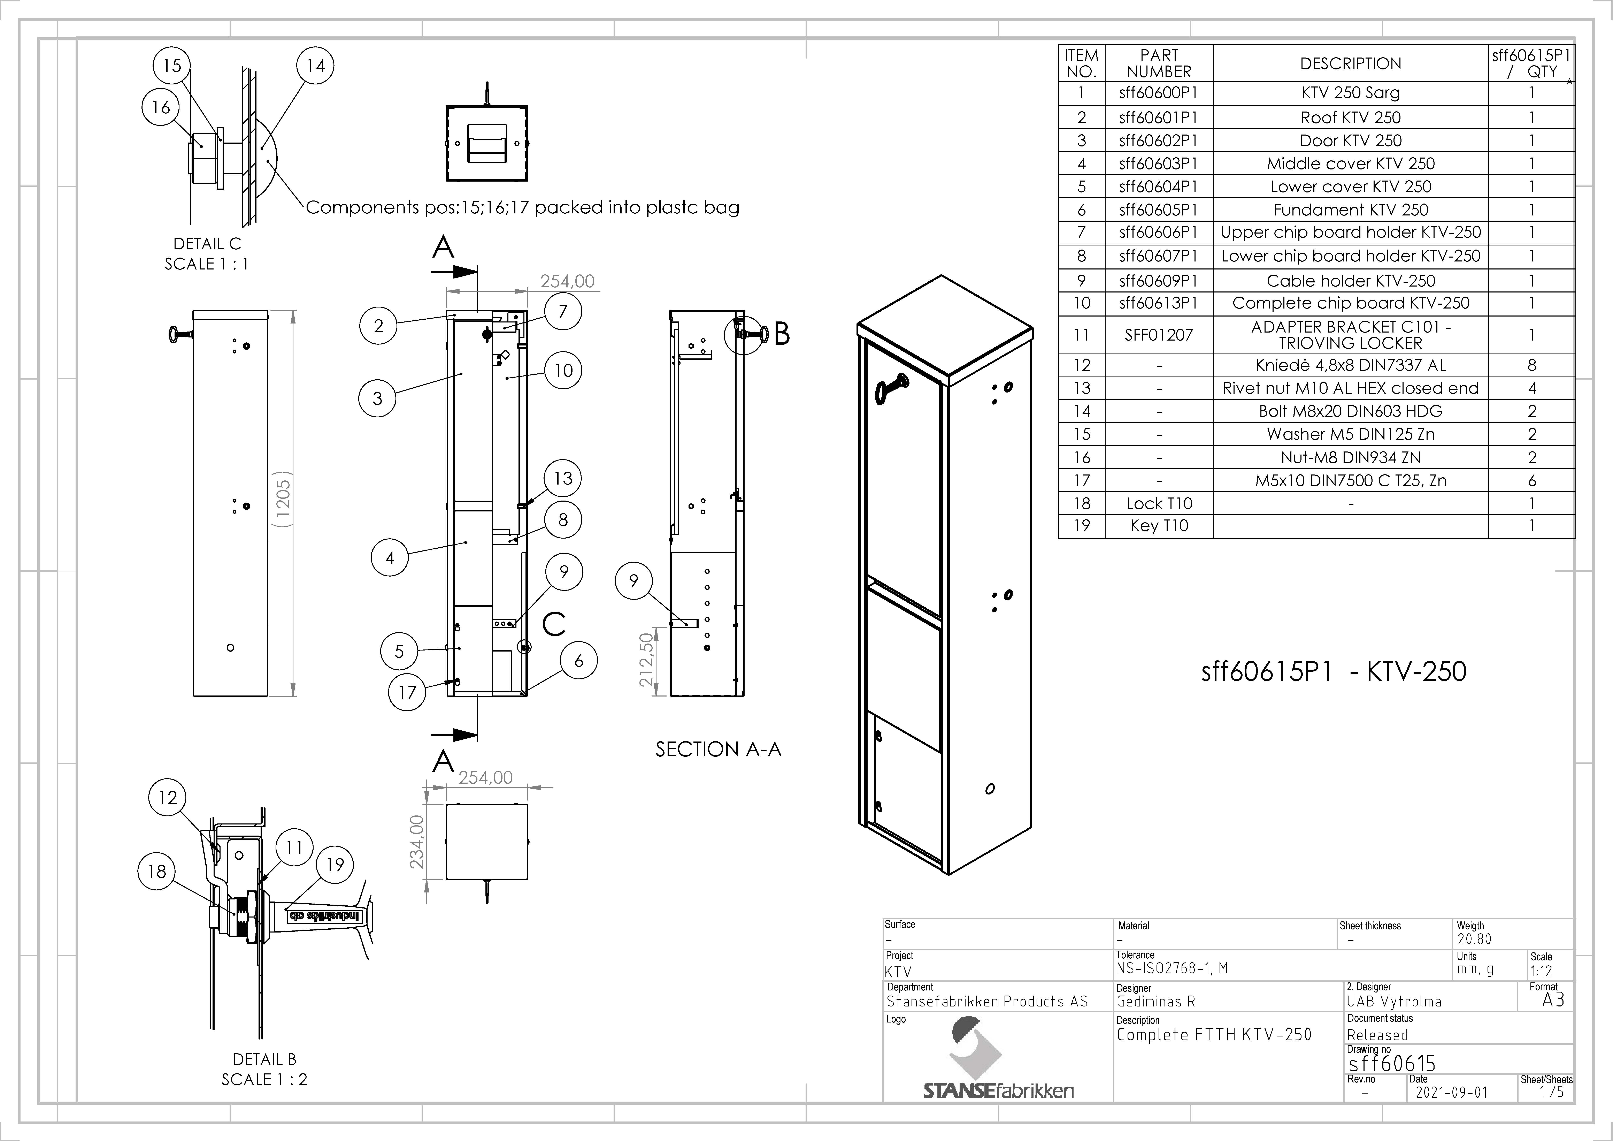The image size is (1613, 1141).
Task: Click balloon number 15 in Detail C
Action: pos(172,66)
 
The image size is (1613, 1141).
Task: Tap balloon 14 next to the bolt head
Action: pos(315,66)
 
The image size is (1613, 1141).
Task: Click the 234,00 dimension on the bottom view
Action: pos(417,842)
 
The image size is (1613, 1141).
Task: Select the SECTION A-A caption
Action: pos(718,750)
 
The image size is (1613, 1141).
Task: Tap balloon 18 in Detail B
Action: pos(157,871)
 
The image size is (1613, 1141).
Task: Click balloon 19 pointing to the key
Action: pos(335,865)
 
